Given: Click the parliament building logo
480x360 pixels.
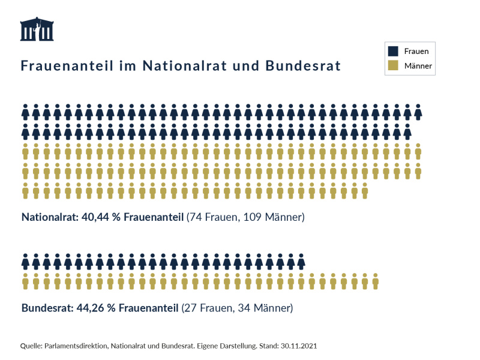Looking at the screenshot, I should point(37,30).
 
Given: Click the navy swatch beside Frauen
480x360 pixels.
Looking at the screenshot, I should point(394,51).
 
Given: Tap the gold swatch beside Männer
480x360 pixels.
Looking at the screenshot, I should point(394,65).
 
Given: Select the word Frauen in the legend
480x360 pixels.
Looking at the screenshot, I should point(416,51).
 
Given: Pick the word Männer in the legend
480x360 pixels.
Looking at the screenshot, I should point(418,65).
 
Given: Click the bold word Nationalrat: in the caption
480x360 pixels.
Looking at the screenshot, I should point(48,217).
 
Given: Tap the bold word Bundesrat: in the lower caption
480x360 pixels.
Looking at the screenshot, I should point(46,309).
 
